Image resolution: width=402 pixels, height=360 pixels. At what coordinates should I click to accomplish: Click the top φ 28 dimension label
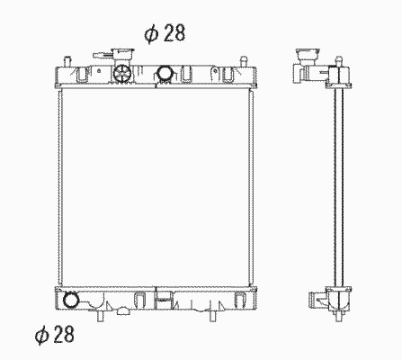tap(165, 32)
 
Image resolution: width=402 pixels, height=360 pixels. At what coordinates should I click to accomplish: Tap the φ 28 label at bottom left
tap(55, 334)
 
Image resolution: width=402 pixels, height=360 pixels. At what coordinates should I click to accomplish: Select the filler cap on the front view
tap(123, 55)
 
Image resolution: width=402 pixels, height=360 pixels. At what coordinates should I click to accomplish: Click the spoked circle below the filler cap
tap(122, 73)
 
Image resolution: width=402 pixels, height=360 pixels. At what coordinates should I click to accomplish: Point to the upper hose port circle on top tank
tap(165, 74)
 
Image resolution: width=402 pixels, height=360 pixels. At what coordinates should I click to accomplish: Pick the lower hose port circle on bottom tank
tap(71, 300)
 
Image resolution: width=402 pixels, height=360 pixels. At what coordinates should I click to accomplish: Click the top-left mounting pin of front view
tap(67, 61)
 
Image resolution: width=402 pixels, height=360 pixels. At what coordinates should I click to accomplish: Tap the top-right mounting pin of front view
tap(244, 61)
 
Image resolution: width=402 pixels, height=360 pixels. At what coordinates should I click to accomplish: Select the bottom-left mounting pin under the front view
tap(101, 316)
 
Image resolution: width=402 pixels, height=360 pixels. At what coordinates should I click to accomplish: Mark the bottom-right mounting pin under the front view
tap(213, 316)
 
